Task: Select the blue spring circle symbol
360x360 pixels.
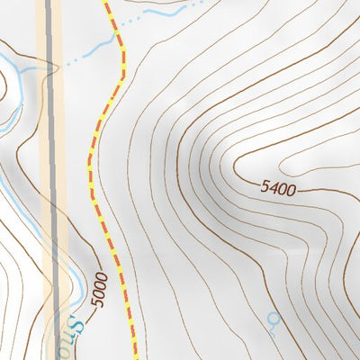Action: click(273, 318)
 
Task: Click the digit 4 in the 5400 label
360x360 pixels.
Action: click(273, 189)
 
